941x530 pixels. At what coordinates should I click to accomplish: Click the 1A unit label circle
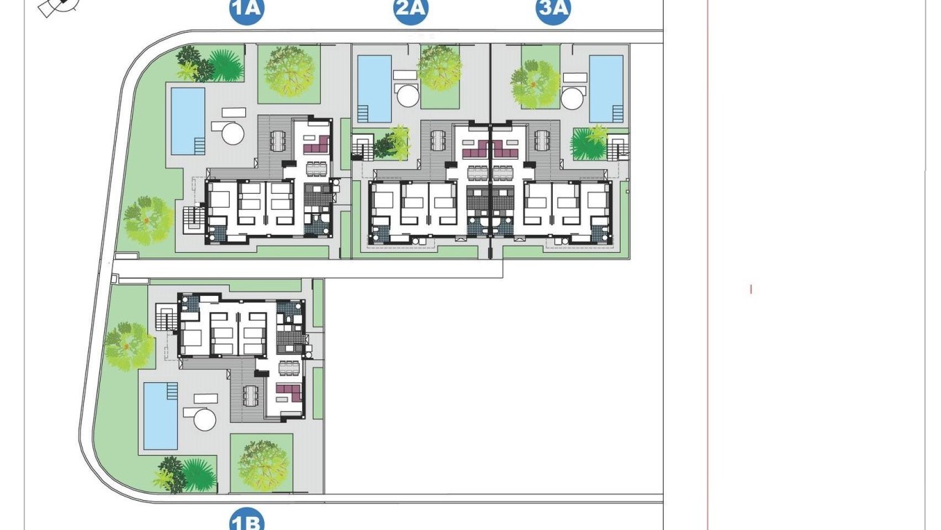coord(246,10)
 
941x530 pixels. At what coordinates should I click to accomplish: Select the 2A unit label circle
coord(411,10)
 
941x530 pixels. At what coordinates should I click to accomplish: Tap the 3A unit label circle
coord(554,10)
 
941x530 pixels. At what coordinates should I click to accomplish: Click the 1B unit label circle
coord(246,521)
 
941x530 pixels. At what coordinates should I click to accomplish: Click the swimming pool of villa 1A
coord(187,121)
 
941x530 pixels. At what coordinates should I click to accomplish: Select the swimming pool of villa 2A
coord(374,88)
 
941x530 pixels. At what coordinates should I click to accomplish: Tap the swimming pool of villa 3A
coord(605,88)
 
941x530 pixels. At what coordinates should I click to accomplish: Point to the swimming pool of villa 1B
coord(160,416)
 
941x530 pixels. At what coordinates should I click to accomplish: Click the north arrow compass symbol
coord(59,7)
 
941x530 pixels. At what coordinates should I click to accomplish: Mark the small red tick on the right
coord(751,289)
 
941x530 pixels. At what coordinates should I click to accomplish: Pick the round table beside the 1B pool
coord(204,419)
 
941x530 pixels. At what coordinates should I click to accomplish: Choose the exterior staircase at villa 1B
coord(166,319)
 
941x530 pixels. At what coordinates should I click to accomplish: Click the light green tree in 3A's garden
coord(535,83)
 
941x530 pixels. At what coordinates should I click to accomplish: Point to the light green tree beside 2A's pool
coord(440,68)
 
